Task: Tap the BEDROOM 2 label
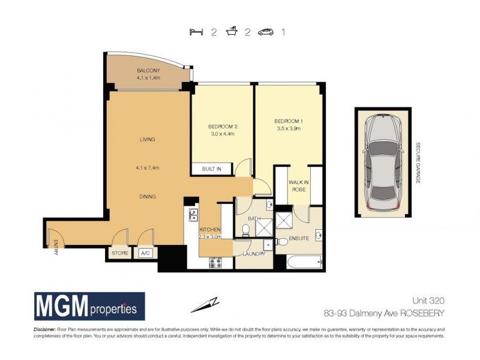tap(223, 127)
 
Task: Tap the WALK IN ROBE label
tap(298, 185)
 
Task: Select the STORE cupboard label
tap(121, 254)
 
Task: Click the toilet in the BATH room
tap(244, 230)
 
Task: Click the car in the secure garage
tap(382, 161)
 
